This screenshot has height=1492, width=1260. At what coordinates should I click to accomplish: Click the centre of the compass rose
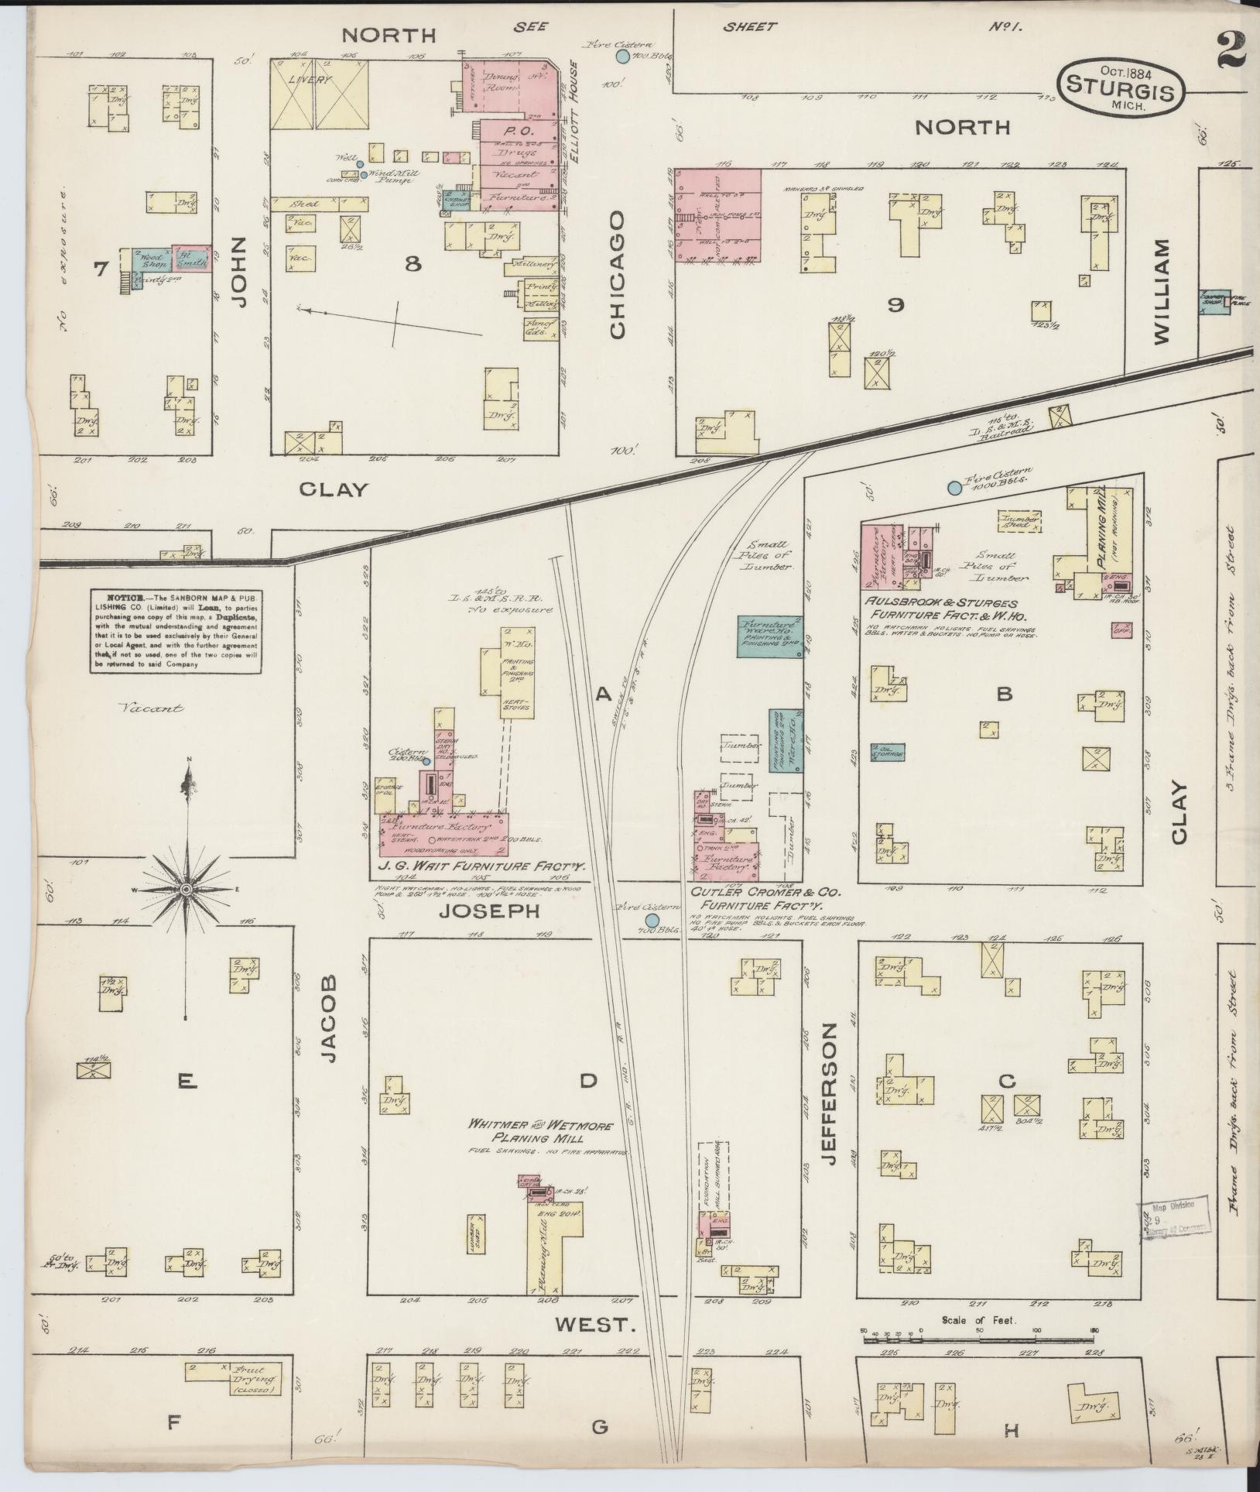coord(186,891)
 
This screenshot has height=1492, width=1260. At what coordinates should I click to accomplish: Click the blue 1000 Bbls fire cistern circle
coord(954,488)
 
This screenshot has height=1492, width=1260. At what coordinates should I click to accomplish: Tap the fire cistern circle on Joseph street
coord(652,919)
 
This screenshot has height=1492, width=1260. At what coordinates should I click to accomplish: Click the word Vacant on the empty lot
coord(152,708)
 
